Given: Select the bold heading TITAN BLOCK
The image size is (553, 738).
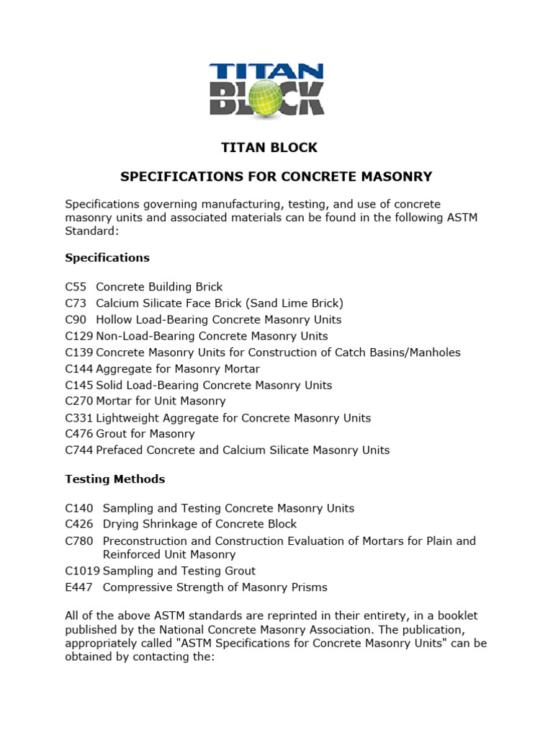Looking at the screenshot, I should click(269, 148).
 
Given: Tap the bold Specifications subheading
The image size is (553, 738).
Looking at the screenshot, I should click(107, 257).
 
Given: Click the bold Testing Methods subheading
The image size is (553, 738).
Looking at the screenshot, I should click(114, 479).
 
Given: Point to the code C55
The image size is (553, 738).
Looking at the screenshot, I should click(76, 287).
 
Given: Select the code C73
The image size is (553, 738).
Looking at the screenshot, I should click(76, 303).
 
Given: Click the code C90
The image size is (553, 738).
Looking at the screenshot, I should click(76, 319).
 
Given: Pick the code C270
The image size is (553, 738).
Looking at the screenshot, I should click(78, 401).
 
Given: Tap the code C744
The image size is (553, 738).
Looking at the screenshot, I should click(78, 450).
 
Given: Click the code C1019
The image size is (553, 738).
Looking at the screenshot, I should click(82, 571).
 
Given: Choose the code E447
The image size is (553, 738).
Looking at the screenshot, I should click(78, 587).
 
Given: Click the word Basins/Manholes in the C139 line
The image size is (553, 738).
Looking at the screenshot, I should click(418, 352).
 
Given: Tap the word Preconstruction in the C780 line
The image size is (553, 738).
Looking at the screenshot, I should click(145, 541).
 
